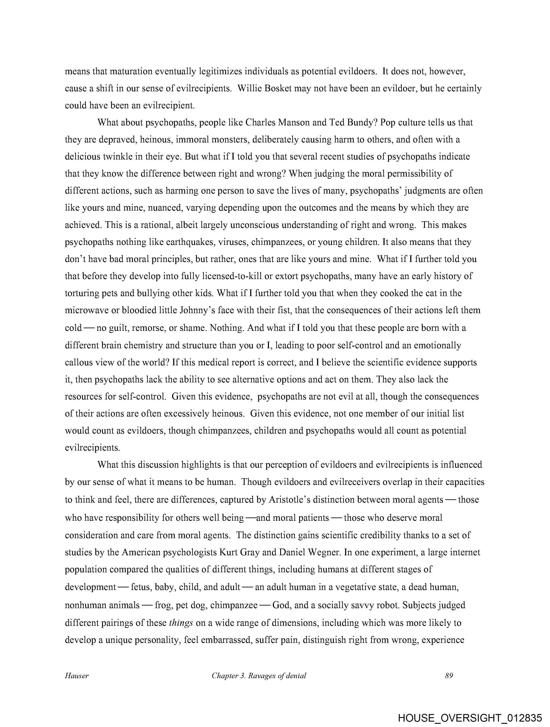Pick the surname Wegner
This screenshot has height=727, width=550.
click(x=323, y=552)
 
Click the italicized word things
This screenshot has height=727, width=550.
click(x=181, y=623)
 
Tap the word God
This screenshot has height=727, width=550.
click(x=281, y=605)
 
